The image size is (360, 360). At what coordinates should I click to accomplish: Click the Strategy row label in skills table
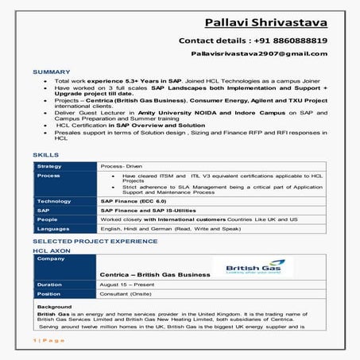50,166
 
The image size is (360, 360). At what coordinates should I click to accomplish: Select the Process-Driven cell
122,166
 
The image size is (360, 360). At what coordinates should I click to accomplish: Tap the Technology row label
55,201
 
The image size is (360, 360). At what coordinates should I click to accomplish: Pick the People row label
48,219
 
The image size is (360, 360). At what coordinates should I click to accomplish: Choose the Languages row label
54,228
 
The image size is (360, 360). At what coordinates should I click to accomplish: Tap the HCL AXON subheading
49,250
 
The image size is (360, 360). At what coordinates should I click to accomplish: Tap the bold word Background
54,306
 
